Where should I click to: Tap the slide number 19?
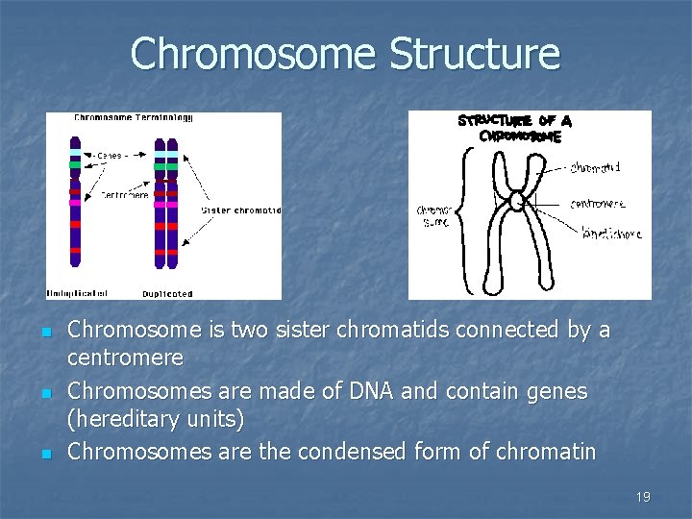pos(643,497)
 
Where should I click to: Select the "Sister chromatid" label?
pos(240,210)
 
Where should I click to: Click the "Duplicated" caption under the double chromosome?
pos(167,293)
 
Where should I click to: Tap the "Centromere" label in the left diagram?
pos(125,194)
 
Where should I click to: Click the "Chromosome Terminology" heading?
pos(134,118)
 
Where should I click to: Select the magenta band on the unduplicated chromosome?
pos(75,203)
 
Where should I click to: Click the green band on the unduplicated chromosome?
pos(75,164)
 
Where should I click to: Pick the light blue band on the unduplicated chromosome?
pos(75,152)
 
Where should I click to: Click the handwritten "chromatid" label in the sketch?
pos(594,167)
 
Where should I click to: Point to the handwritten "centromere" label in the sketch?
pos(597,203)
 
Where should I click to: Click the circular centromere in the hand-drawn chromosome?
pos(516,201)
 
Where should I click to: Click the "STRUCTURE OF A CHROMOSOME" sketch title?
pos(513,128)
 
